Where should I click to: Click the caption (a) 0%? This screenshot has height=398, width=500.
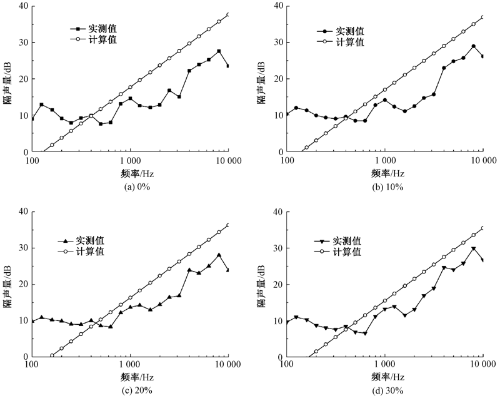tap(131, 186)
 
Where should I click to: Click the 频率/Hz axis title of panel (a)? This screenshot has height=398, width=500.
tap(131, 173)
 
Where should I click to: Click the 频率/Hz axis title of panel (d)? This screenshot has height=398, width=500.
tap(385, 378)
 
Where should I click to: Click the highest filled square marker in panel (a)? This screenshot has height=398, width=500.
tap(219, 51)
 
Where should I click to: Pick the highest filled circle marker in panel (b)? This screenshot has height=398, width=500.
tap(473, 46)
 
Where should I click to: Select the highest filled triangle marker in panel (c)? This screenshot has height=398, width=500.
tap(219, 255)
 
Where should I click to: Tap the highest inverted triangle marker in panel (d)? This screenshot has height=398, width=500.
tap(473, 249)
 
